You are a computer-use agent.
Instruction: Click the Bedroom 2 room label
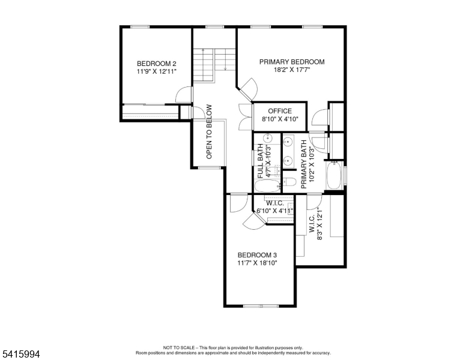[156, 64]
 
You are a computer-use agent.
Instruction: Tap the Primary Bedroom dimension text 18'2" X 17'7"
[292, 70]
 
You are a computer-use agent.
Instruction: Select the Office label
[280, 111]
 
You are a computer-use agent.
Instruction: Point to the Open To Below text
[209, 131]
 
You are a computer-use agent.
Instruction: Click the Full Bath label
[260, 161]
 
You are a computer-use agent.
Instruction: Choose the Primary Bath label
[303, 164]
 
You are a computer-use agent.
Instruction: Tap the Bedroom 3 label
[257, 255]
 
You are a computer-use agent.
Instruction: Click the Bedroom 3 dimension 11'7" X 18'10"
[257, 263]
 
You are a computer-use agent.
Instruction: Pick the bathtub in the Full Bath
[267, 186]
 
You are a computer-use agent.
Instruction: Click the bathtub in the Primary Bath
[334, 175]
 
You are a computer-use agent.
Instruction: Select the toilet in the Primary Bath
[289, 181]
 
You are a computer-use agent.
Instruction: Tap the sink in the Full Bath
[268, 138]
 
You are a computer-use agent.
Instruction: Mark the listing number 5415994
[21, 354]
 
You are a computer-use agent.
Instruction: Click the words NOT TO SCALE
[179, 347]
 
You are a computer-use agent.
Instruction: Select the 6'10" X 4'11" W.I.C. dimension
[275, 211]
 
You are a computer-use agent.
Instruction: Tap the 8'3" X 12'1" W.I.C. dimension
[320, 223]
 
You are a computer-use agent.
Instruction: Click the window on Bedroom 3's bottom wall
[261, 305]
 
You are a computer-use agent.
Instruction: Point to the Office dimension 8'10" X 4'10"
[280, 119]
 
